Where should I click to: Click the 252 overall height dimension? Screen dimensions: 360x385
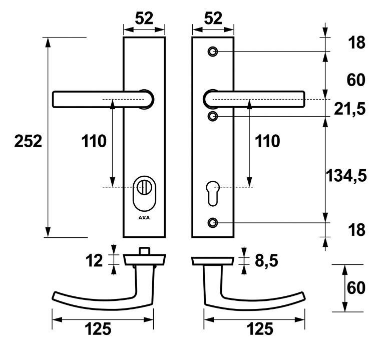click(28, 142)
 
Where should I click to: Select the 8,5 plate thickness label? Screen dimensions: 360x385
click(266, 261)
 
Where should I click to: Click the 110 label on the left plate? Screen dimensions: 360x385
click(94, 142)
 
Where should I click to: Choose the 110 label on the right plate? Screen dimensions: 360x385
click(267, 142)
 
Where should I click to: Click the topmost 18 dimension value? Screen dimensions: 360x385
click(356, 43)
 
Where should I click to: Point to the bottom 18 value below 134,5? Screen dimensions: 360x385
click(356, 230)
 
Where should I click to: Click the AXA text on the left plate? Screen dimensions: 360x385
click(144, 218)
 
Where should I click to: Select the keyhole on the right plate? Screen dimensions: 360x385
click(213, 193)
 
